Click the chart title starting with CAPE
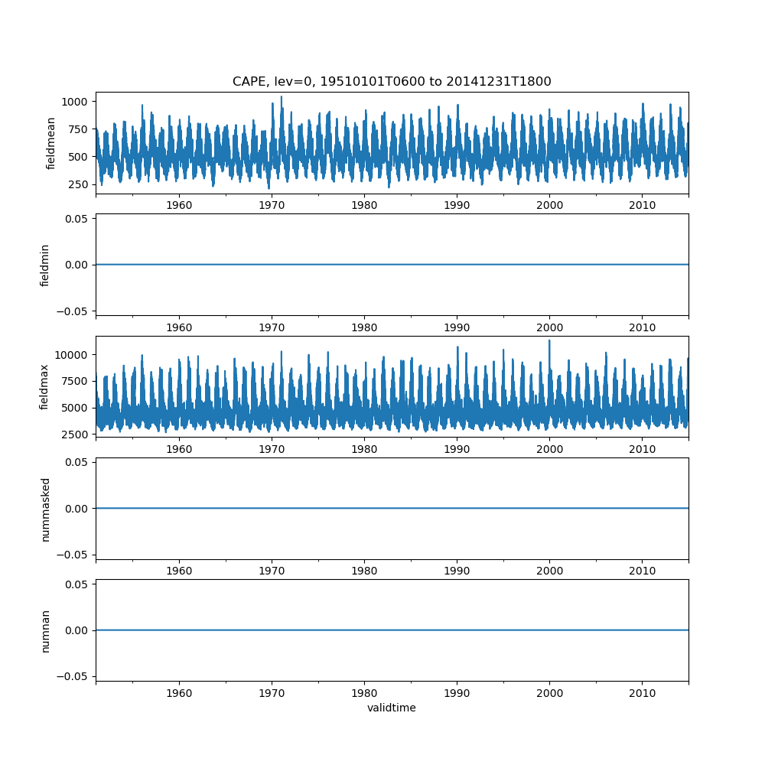391,82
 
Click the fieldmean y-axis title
50,144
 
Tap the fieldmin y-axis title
44,265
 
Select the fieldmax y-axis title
44,387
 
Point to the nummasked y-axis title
45,509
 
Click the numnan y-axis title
45,631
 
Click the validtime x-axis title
391,708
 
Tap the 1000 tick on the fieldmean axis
74,102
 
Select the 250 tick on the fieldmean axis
78,185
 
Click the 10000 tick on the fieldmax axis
70,355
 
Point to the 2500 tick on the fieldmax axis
74,435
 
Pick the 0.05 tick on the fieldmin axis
76,219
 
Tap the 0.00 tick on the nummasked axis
76,509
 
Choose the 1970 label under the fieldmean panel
272,205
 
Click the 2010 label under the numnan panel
642,693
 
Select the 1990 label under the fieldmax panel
457,449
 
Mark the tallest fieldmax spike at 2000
549,340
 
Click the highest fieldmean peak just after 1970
281,96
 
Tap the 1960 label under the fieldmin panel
179,327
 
